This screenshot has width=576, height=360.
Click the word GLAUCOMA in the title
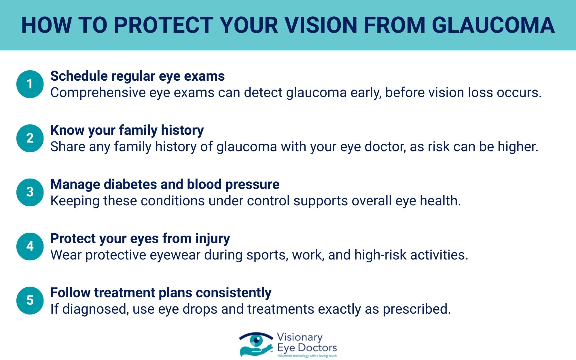493,25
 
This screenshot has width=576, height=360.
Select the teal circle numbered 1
30,84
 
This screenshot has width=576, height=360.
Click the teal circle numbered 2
30,138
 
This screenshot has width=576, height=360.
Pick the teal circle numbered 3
30,192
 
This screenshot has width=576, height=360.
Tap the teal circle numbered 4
30,246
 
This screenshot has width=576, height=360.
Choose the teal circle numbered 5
30,300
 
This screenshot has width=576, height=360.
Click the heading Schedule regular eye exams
137,76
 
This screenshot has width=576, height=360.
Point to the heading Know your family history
127,130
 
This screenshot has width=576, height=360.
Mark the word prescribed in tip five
416,309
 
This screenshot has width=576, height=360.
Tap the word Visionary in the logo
300,337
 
